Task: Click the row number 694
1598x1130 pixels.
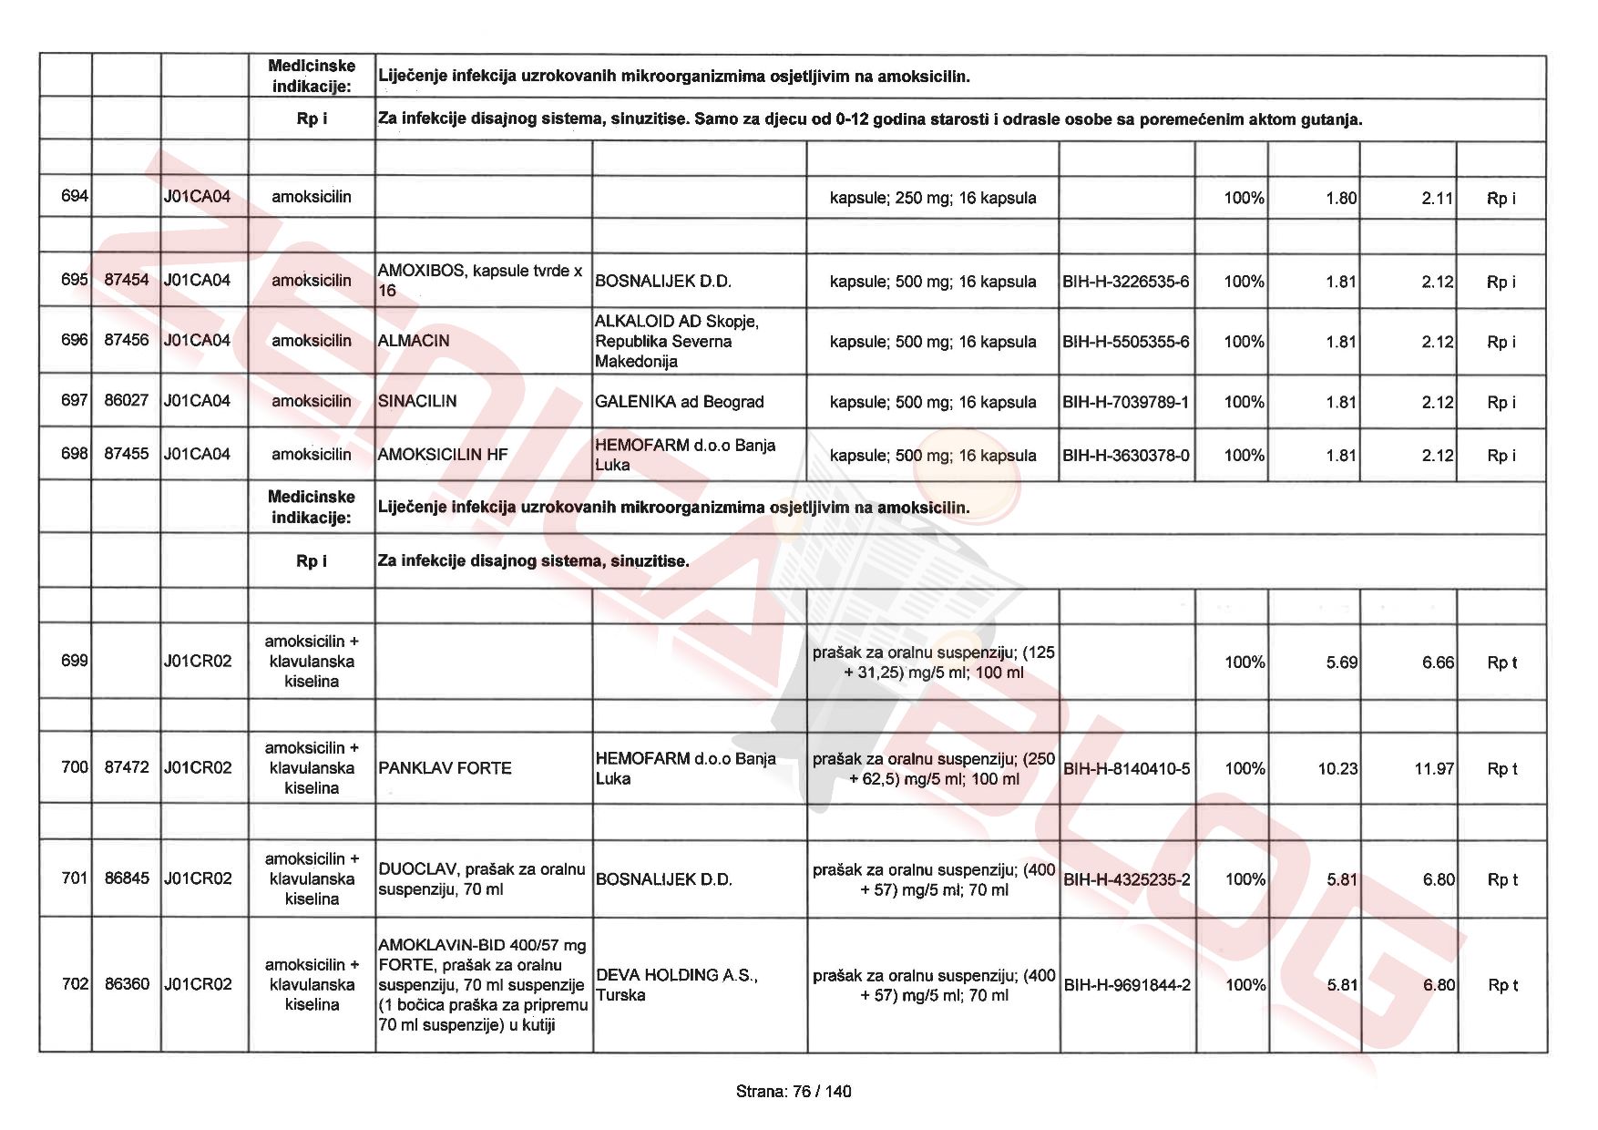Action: [x=74, y=196]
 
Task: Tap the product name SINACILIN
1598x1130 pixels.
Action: [x=417, y=401]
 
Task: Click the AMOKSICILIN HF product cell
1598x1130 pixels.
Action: [x=443, y=455]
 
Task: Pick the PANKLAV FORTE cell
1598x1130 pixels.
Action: [x=445, y=768]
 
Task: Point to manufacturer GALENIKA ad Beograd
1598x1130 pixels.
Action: [x=679, y=402]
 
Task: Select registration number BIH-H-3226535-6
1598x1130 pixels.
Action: [x=1125, y=282]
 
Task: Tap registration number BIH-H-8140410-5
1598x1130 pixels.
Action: [x=1126, y=769]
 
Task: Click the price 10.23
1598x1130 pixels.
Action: [x=1337, y=769]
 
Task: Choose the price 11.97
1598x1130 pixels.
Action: [x=1433, y=769]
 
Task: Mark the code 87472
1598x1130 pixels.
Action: [x=127, y=767]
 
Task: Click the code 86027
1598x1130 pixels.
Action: [x=127, y=400]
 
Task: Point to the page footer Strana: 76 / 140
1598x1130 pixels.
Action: [x=794, y=1091]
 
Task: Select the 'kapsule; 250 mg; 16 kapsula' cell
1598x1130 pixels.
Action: [x=932, y=198]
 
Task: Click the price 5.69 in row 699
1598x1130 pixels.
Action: [x=1341, y=663]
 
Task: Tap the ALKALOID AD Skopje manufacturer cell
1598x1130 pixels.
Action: [x=676, y=341]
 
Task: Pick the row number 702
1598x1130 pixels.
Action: [x=75, y=983]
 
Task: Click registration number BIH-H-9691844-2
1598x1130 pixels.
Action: [x=1126, y=985]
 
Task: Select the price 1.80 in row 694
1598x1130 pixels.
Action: [x=1341, y=198]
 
